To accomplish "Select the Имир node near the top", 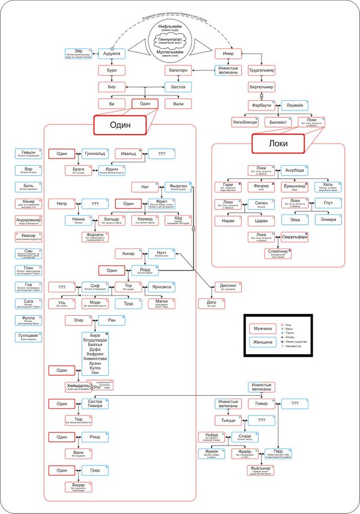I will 227,53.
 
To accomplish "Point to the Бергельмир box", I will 261,86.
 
